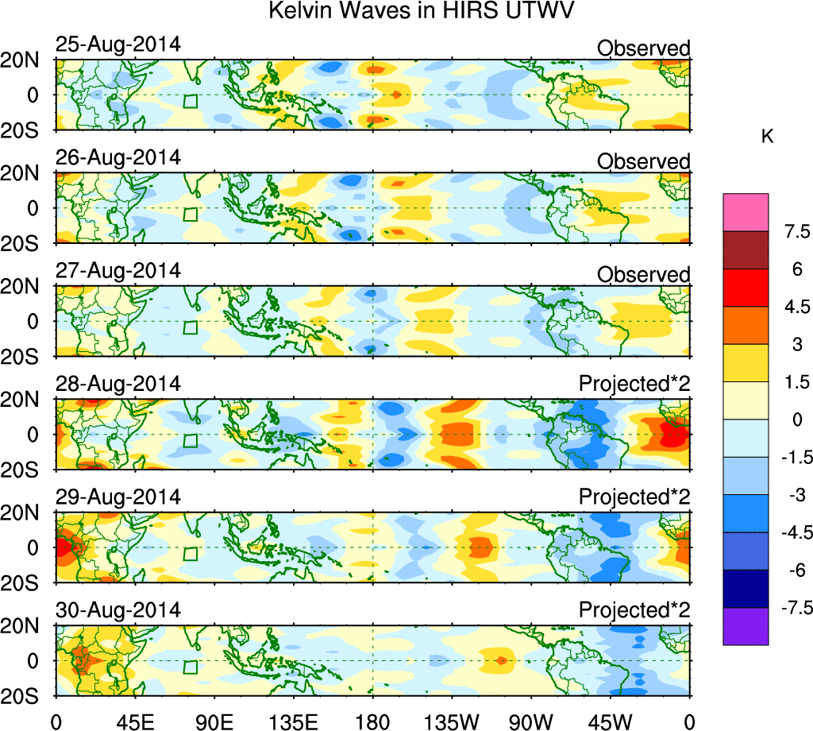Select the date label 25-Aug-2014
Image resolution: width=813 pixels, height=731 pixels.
point(118,44)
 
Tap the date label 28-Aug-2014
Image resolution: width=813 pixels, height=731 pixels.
point(118,384)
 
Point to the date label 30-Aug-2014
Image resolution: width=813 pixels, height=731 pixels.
point(118,610)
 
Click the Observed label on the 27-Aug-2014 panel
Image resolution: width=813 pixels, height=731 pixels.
point(643,275)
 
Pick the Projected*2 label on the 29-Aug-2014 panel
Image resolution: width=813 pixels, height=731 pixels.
point(634,497)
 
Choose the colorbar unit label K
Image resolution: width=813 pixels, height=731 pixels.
point(767,137)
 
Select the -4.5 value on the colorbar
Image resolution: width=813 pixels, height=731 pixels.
point(794,532)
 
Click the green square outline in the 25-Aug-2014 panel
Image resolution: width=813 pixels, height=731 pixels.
point(190,101)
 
